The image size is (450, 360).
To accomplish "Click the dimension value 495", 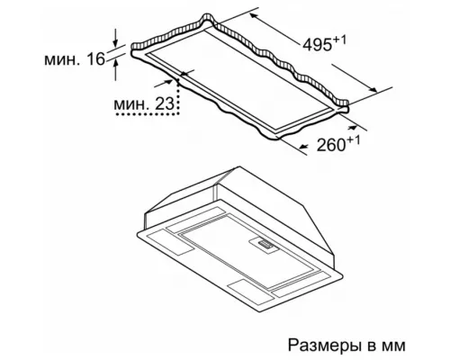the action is click(318, 45).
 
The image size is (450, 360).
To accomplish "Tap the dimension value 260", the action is click(331, 145).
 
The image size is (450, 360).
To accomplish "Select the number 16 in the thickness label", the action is click(96, 58).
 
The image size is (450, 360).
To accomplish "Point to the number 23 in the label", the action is click(165, 103).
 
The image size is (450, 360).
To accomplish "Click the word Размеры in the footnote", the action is click(325, 346).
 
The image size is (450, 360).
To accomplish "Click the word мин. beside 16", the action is click(63, 59).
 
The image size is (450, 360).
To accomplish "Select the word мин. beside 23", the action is click(131, 104).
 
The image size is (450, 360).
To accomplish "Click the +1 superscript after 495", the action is click(339, 40).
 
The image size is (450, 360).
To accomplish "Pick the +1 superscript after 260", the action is click(354, 140).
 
